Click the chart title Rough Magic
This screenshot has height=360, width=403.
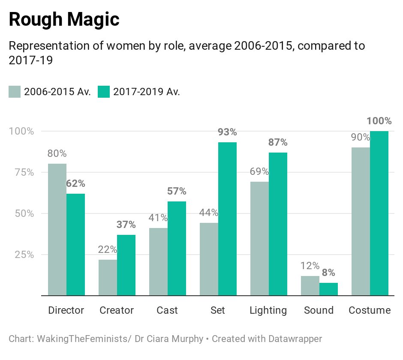pyautogui.click(x=64, y=20)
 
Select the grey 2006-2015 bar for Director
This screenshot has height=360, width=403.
pyautogui.click(x=57, y=229)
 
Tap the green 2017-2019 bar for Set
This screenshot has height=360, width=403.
pyautogui.click(x=227, y=219)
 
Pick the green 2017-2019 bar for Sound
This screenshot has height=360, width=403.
pyautogui.click(x=328, y=289)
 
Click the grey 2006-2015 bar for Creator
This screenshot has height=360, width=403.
pyautogui.click(x=108, y=277)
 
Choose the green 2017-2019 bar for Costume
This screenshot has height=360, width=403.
pyautogui.click(x=379, y=213)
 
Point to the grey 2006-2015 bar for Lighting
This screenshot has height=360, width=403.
pyautogui.click(x=259, y=238)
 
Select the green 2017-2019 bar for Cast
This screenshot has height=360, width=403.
pyautogui.click(x=177, y=248)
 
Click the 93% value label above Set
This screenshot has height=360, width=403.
pyautogui.click(x=227, y=132)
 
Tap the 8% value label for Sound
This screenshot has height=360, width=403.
pyautogui.click(x=328, y=273)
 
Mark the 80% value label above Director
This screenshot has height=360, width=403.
pyautogui.click(x=57, y=153)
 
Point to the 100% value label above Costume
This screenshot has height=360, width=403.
pyautogui.click(x=379, y=121)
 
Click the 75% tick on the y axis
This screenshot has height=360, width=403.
pyautogui.click(x=21, y=172)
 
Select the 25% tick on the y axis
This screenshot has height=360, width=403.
pyautogui.click(x=21, y=255)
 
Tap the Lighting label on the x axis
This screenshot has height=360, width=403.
pyautogui.click(x=268, y=310)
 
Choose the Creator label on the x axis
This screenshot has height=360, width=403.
pyautogui.click(x=117, y=310)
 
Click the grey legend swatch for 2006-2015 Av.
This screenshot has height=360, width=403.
pyautogui.click(x=15, y=92)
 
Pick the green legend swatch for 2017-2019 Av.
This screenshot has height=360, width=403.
pyautogui.click(x=104, y=92)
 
